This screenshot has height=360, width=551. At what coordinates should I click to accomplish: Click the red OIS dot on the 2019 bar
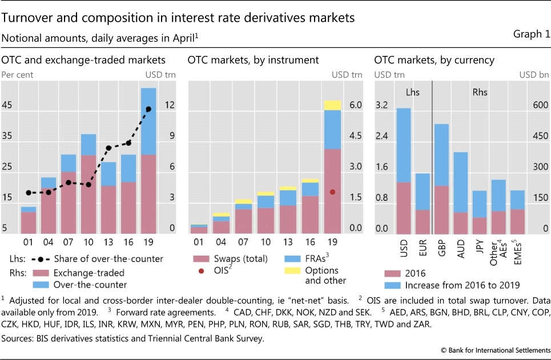click(332, 192)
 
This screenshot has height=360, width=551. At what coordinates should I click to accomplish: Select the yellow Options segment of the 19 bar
click(332, 105)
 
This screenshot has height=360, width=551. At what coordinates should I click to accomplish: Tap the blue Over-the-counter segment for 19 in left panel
click(148, 121)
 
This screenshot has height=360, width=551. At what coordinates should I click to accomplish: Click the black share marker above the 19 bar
click(148, 109)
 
